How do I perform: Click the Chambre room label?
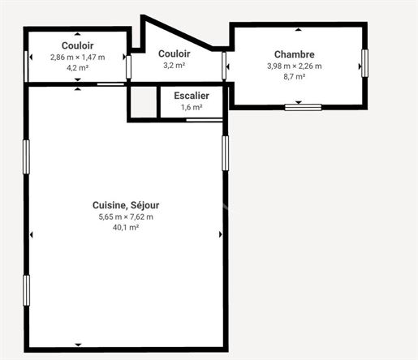pos(295,54)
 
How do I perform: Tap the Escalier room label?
pos(192,96)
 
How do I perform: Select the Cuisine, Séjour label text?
pos(126,205)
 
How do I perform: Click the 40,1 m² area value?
pos(126,228)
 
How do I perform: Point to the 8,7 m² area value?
pos(295,77)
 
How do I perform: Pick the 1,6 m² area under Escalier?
pos(192,107)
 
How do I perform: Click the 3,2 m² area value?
pos(174,66)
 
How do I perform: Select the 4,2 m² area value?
pos(78,68)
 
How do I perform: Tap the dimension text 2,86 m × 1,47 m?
pos(78,58)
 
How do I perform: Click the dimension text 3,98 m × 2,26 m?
pos(295,66)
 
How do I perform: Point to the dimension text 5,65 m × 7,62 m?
pos(126,216)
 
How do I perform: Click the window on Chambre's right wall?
pos(365,63)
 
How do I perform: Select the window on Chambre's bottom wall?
pos(303,107)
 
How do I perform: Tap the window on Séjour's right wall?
pos(226,153)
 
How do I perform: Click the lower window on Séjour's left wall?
pos(26,290)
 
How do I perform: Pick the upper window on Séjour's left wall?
pos(26,156)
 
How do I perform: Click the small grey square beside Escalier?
pos(144,102)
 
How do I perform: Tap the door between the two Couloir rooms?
pos(129,67)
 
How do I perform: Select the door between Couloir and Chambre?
pos(224,66)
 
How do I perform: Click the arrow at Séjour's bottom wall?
pos(78,345)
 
